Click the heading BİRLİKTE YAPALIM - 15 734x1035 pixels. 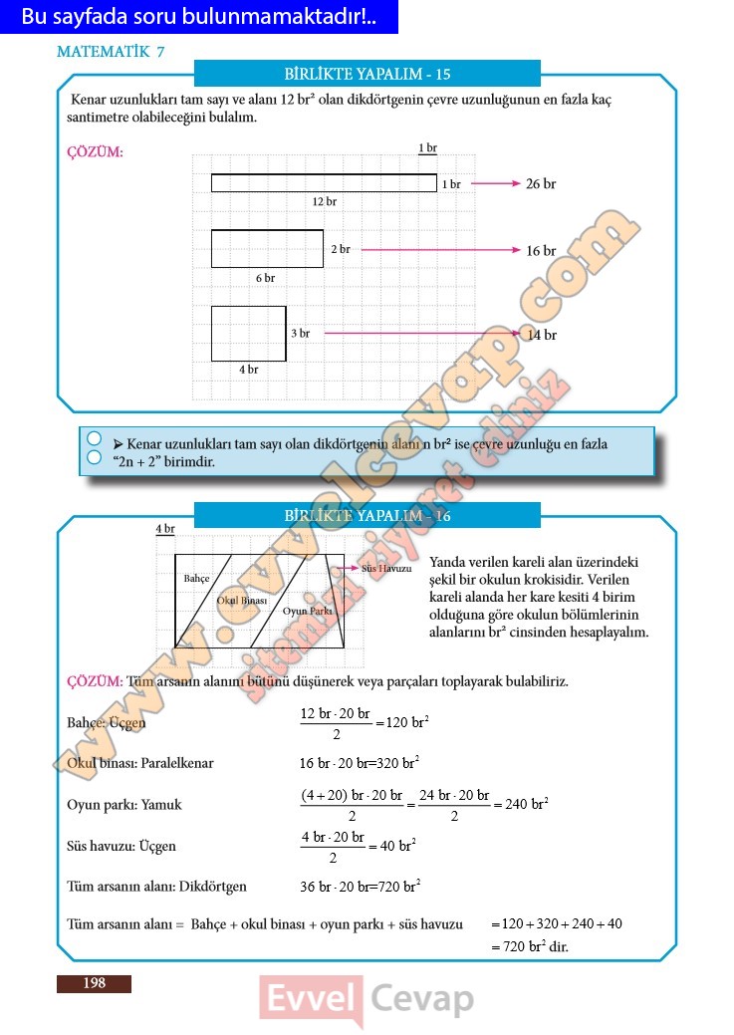tap(367, 74)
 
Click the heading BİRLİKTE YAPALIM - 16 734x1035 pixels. tap(367, 515)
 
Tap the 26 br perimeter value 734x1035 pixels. tap(541, 183)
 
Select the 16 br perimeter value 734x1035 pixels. tap(541, 251)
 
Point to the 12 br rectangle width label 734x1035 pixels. tap(324, 201)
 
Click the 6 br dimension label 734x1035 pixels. tap(265, 278)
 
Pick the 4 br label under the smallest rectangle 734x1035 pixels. tap(248, 370)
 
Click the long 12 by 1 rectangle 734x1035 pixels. tap(324, 182)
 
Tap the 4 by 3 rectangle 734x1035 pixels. tap(248, 334)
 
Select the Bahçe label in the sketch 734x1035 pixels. tap(196, 578)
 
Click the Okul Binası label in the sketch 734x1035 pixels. tap(242, 600)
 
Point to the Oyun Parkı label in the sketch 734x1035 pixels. tap(307, 611)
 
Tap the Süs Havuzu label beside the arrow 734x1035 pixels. tap(385, 568)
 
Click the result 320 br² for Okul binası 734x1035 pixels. tap(396, 763)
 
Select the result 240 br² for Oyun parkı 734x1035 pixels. tap(526, 804)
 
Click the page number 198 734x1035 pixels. tap(94, 983)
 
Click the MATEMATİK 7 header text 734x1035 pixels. tap(111, 52)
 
